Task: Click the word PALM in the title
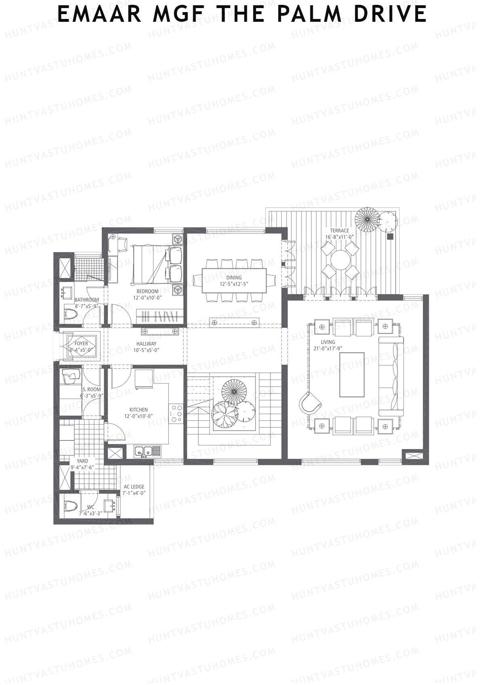[x=309, y=14]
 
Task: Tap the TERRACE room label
[x=339, y=230]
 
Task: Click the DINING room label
[x=234, y=277]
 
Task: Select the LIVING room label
[x=328, y=342]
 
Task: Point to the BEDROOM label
[x=148, y=291]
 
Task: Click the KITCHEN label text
[x=138, y=409]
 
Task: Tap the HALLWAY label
[x=146, y=344]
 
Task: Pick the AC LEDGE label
[x=134, y=486]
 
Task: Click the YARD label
[x=82, y=461]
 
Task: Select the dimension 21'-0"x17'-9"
[x=328, y=348]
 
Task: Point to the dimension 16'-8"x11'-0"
[x=339, y=237]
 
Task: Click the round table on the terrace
[x=340, y=260]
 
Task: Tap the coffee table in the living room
[x=352, y=375]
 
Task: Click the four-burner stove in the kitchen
[x=176, y=413]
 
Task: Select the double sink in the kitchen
[x=143, y=451]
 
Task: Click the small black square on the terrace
[x=390, y=237]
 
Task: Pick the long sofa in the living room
[x=391, y=376]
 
